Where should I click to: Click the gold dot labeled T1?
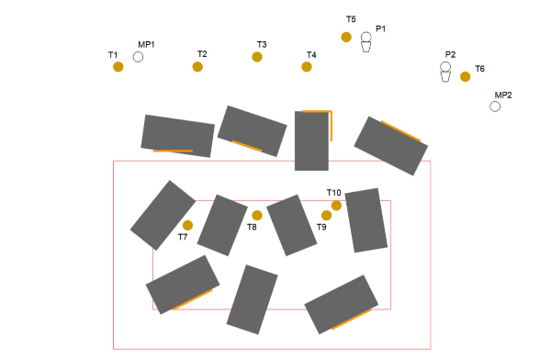pos(118,66)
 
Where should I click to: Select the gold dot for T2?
pos(197,66)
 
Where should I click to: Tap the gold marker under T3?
pos(257,57)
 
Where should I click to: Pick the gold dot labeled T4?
pos(307,66)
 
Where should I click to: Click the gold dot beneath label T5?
pos(346,37)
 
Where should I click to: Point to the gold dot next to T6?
pos(465,76)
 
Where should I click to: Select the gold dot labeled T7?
pos(187,225)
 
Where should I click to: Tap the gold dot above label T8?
pos(257,215)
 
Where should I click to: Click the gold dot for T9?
pos(326,215)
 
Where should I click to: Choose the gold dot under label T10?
pos(336,206)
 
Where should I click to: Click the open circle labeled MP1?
pos(138,57)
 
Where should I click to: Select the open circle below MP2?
pos(495,107)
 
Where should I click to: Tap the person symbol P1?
pos(365,42)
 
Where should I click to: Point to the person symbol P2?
pos(445,72)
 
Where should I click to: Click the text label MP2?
pos(503,96)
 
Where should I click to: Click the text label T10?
pos(334,193)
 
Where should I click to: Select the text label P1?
pos(380,28)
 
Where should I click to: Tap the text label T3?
pos(262,45)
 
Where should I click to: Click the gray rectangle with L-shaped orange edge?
pos(311,141)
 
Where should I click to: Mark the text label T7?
pos(183,237)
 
